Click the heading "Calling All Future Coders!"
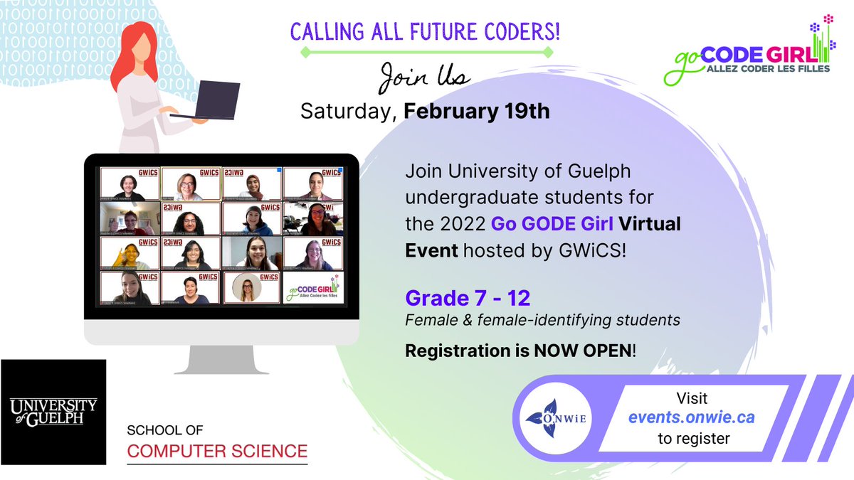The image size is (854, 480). coord(426,32)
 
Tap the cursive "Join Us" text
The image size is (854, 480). coord(424,77)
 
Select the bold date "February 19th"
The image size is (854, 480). coord(477,112)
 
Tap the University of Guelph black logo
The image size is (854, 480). coord(53,412)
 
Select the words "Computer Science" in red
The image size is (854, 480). coord(217,451)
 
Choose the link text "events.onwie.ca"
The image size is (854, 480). coord(691,418)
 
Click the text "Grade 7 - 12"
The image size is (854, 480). coord(468,298)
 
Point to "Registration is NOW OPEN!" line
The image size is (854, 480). coord(522,351)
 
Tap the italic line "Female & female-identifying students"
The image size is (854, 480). coord(542,321)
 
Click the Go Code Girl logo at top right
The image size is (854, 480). coord(747,53)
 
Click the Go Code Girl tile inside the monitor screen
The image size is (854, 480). coord(313,288)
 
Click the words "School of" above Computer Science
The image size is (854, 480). coord(164,430)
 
